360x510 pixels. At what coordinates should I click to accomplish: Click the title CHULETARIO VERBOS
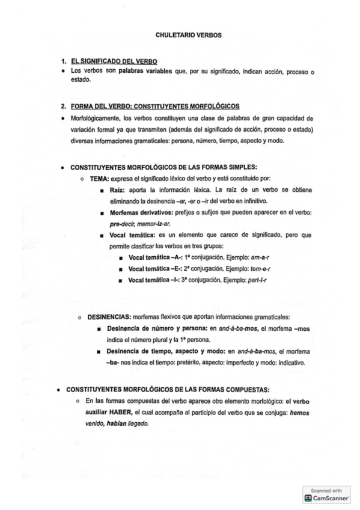[188, 35]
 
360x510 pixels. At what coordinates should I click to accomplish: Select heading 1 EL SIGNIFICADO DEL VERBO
[114, 62]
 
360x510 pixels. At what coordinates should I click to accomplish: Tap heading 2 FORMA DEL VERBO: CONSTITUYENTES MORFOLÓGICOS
[155, 106]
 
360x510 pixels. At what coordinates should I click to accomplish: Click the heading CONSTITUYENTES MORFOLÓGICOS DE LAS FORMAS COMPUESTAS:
[168, 389]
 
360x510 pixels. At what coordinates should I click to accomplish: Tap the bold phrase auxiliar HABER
[105, 412]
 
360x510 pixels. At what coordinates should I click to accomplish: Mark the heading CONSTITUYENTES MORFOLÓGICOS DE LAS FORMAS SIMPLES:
[164, 167]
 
